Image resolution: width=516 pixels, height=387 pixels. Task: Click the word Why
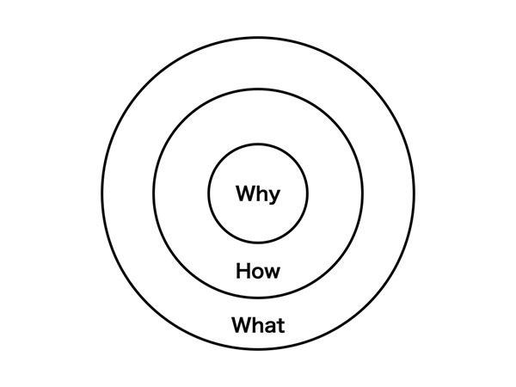click(258, 194)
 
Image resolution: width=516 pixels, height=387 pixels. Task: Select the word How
click(258, 271)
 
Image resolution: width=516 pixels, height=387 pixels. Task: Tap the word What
click(258, 325)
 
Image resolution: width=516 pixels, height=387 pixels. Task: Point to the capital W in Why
click(245, 193)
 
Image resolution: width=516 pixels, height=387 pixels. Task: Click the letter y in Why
click(274, 197)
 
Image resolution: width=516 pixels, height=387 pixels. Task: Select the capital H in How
click(243, 271)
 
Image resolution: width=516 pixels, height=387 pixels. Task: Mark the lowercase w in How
click(272, 273)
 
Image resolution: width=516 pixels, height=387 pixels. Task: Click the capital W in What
click(243, 325)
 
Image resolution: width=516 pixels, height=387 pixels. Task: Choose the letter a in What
click(271, 327)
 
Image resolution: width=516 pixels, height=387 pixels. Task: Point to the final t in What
click(281, 325)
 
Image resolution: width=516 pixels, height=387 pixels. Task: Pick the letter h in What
click(259, 325)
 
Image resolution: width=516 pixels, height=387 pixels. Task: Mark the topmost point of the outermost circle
click(258, 38)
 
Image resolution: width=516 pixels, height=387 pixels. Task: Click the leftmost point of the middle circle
click(154, 193)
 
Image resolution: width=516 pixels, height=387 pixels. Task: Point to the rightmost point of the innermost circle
click(308, 193)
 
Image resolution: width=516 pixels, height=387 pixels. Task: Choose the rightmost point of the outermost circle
click(415, 193)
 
